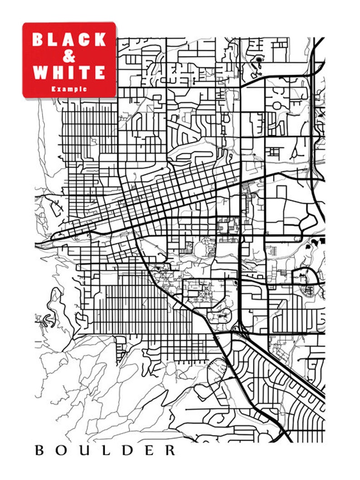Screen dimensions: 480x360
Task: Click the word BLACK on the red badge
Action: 69,40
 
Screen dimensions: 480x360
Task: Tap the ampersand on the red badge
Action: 69,56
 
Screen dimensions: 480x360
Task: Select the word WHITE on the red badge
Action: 69,72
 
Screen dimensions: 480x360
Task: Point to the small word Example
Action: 69,89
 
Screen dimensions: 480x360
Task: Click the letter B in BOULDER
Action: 39,451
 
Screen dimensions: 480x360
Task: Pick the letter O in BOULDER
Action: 61,451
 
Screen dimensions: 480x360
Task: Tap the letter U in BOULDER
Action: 83,451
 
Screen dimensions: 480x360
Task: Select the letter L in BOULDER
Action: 104,451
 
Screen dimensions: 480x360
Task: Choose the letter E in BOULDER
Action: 148,451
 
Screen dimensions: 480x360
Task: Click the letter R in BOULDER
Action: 170,451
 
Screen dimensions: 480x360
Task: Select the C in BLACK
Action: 84,40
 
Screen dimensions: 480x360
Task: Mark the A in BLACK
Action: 69,40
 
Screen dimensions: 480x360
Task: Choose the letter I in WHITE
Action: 71,72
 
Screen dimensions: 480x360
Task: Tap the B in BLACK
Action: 39,40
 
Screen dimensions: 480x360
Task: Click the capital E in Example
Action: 54,89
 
